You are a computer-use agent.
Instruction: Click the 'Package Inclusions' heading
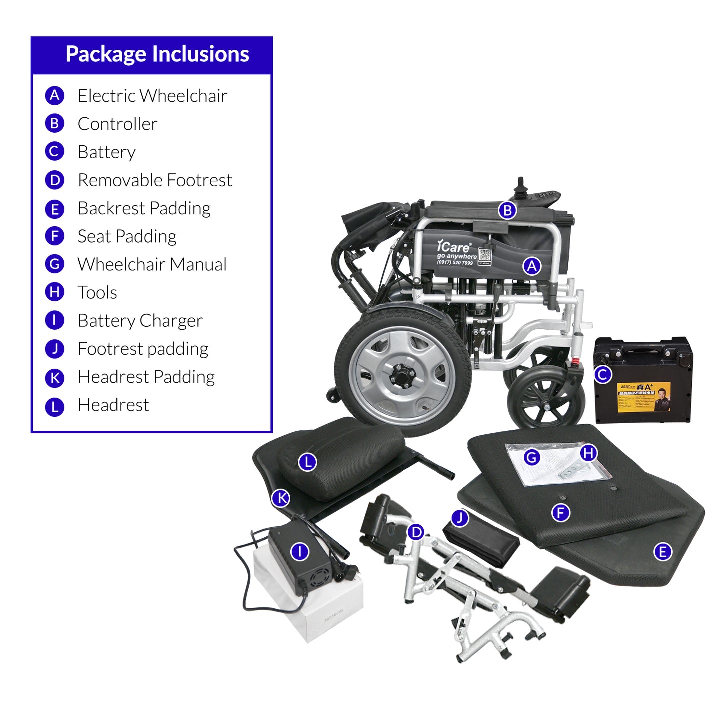(157, 54)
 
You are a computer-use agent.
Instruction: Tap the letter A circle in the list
(55, 95)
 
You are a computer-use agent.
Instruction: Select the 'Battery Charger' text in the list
(140, 320)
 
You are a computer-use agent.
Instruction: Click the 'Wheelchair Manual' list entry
(152, 264)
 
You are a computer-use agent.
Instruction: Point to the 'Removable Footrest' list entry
(155, 180)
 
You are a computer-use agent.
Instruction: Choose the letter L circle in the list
(55, 407)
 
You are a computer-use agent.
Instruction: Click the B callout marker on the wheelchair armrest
(507, 210)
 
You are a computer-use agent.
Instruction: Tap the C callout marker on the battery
(602, 374)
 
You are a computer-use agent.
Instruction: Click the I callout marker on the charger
(300, 551)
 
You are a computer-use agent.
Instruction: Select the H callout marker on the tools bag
(588, 453)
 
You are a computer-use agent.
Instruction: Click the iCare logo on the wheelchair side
(453, 247)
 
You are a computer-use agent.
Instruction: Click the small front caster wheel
(545, 400)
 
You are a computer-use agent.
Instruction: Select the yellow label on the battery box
(643, 397)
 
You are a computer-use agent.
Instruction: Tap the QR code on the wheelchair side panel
(484, 255)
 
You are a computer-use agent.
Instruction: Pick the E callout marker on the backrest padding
(662, 552)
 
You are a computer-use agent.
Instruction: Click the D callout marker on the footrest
(416, 532)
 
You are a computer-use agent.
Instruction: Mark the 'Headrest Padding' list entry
(146, 377)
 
